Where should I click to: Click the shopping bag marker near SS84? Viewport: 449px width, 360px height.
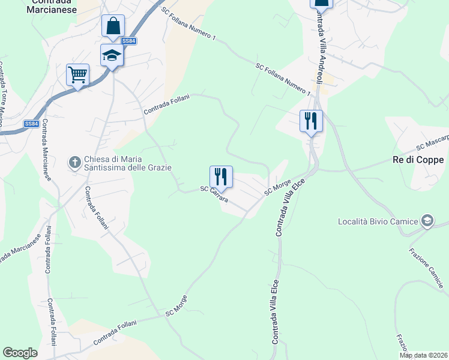(113, 26)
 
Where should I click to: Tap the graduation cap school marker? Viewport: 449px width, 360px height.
(112, 55)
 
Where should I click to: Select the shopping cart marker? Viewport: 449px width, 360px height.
(77, 75)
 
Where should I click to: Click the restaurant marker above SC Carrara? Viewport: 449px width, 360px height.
(221, 177)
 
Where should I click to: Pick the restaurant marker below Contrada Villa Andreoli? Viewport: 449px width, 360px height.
(311, 121)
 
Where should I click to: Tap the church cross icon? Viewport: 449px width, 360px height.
(74, 161)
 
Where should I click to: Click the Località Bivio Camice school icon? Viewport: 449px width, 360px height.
(427, 221)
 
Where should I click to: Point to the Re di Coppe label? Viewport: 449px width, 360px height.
(418, 160)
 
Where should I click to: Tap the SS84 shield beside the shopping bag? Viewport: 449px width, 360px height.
(128, 41)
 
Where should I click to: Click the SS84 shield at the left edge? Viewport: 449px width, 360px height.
(32, 124)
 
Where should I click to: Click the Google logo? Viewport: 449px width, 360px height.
(20, 353)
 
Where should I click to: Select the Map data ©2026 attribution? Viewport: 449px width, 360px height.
(423, 355)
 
